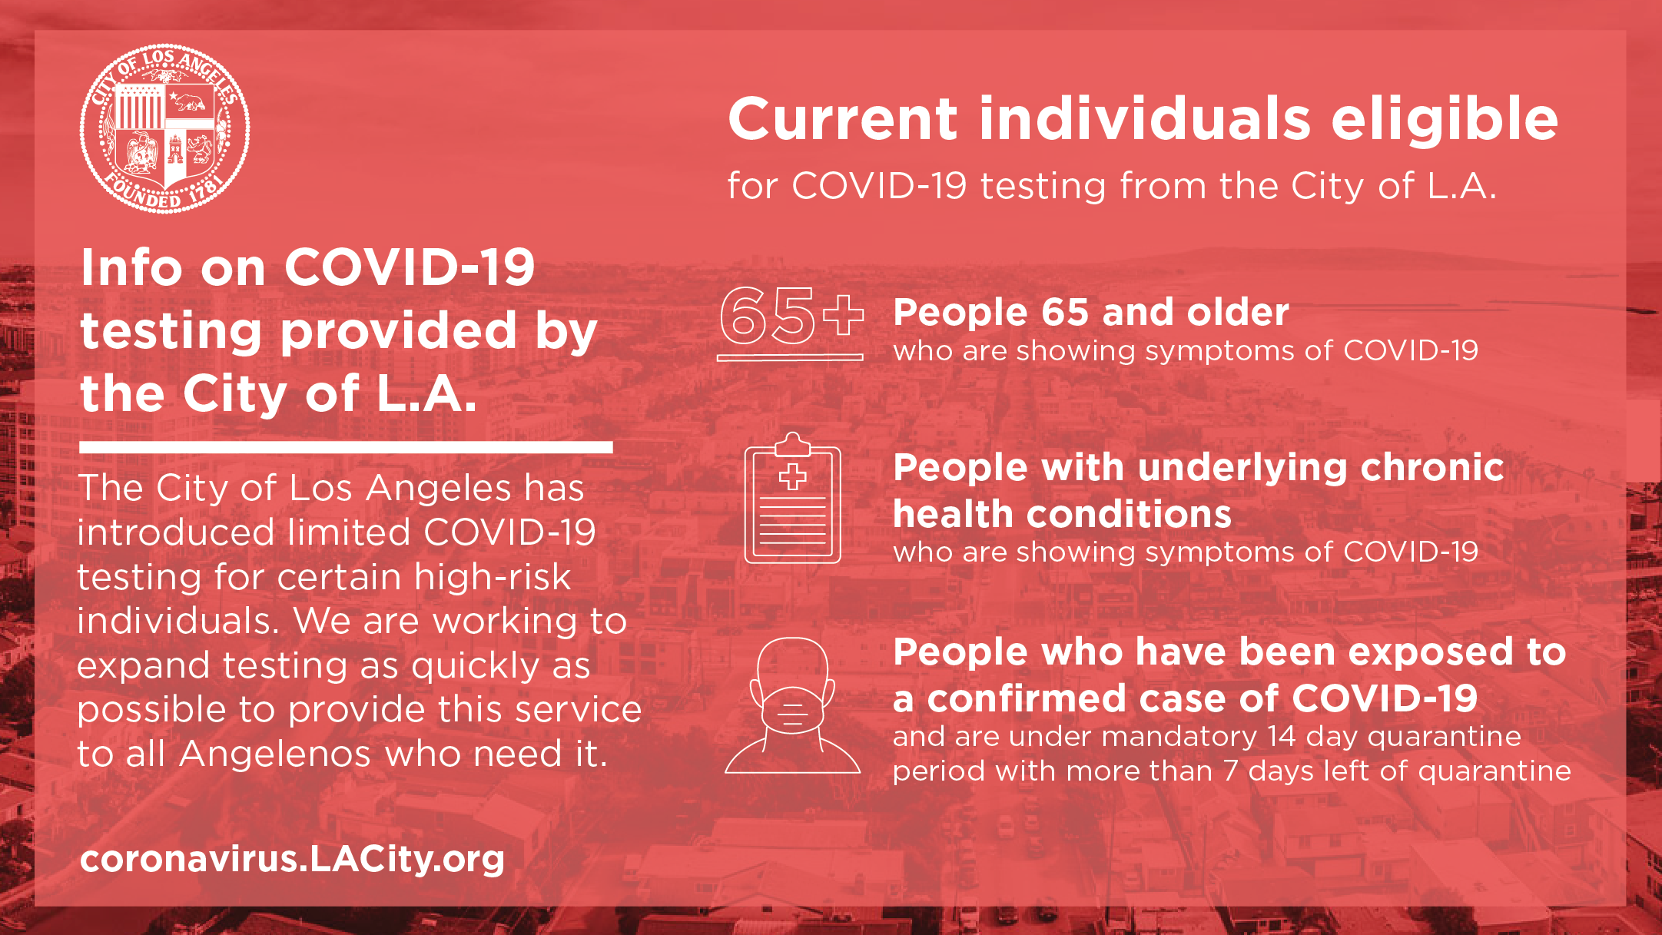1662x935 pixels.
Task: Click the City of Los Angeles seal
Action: point(164,128)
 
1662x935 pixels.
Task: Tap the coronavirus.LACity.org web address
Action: point(292,859)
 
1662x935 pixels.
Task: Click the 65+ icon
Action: point(791,321)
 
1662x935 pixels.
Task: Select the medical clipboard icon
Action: point(792,498)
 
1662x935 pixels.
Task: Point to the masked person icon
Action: point(792,705)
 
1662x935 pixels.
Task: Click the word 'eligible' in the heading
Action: point(1445,119)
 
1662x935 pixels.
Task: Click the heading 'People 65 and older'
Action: point(1091,313)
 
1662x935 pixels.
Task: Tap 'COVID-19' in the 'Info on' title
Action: point(410,267)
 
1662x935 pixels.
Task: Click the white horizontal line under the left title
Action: point(346,447)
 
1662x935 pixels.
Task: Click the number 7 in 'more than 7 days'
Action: point(1231,771)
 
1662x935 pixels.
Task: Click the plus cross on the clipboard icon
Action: point(792,477)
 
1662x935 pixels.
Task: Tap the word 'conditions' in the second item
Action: point(1063,515)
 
